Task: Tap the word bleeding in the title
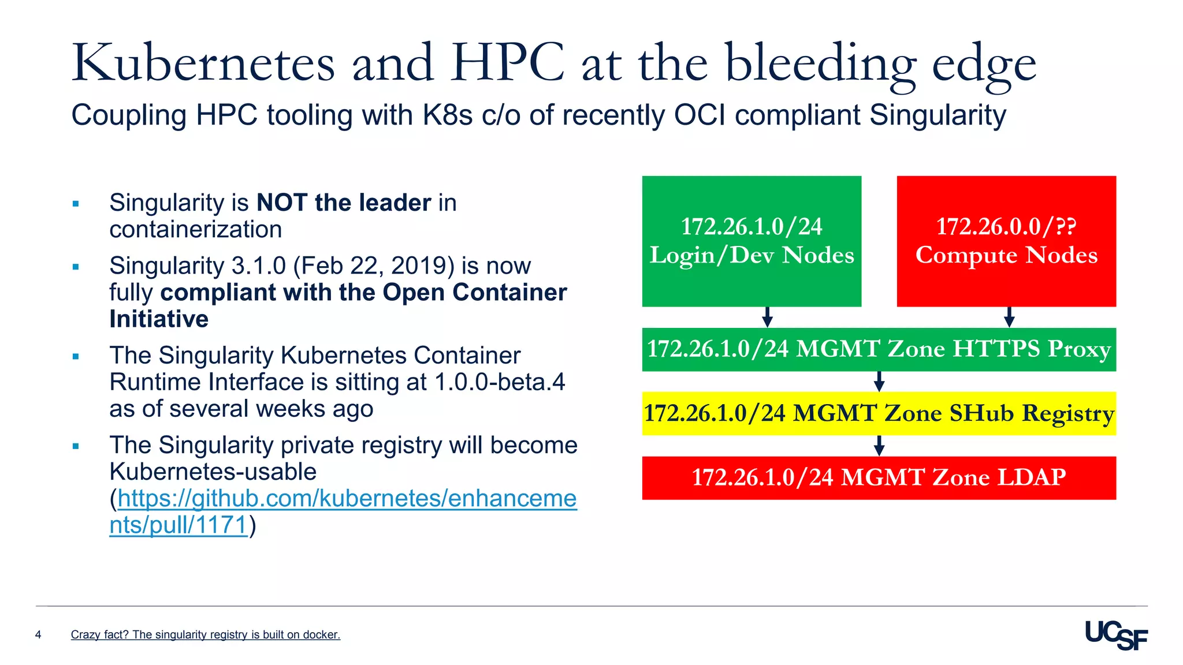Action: [x=820, y=63]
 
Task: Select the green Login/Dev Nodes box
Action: [x=752, y=241]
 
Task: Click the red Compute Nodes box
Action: [x=1006, y=241]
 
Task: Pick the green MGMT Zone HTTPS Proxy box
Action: [x=879, y=349]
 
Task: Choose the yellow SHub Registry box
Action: [x=879, y=413]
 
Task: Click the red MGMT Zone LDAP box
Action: [x=879, y=477]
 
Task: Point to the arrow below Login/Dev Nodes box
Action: [x=767, y=317]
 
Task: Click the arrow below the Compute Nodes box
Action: [x=1009, y=317]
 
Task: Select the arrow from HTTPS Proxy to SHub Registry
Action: [x=879, y=381]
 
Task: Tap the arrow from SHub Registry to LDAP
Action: [x=879, y=445]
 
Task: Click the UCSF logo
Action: [x=1116, y=636]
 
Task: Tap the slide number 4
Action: [x=38, y=635]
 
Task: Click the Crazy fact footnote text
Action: [x=205, y=635]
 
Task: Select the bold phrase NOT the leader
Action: [x=344, y=203]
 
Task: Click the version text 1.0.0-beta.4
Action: [x=500, y=382]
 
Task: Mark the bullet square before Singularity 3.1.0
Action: [x=76, y=267]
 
